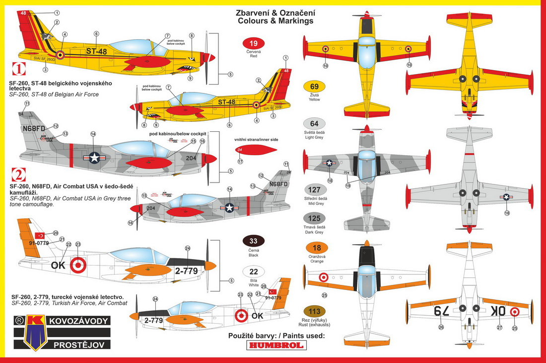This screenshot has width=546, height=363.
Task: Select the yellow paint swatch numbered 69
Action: click(314, 86)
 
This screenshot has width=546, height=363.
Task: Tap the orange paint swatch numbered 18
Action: click(314, 248)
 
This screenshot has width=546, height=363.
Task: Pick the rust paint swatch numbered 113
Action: click(314, 311)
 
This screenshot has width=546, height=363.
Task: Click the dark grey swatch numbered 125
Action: click(314, 219)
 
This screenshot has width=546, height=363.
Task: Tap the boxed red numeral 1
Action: click(15, 68)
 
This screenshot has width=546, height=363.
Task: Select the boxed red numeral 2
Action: click(15, 175)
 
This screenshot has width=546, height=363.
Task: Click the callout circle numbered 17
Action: click(240, 161)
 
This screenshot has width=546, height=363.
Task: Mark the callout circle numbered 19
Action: click(349, 185)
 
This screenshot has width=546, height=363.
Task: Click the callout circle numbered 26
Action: click(441, 327)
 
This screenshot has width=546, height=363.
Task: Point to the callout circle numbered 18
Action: click(507, 213)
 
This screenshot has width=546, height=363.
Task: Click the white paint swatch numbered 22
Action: click(253, 272)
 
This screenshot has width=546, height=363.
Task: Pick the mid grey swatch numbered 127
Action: click(314, 189)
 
